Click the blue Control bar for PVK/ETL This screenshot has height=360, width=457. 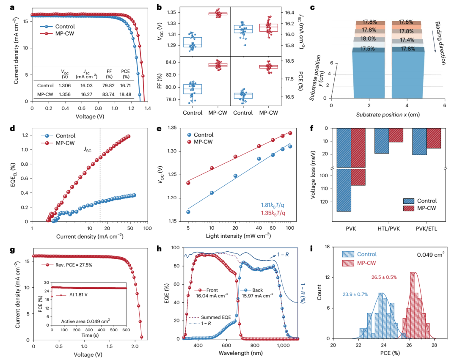tap(419, 142)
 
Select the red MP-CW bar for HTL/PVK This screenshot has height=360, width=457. tap(396, 135)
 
